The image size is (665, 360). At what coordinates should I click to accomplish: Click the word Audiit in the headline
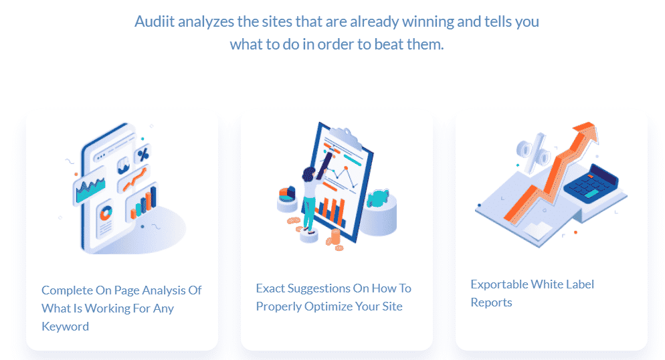click(x=155, y=21)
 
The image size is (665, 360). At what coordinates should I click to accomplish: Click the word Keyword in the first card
click(x=66, y=327)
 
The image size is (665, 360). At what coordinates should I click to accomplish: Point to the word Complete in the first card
click(x=67, y=290)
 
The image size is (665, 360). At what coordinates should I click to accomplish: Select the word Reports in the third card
click(x=492, y=302)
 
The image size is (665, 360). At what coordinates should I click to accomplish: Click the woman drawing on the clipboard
click(x=311, y=195)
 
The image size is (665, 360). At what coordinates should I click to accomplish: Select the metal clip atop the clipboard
click(x=347, y=136)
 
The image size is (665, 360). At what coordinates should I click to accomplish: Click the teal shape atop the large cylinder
click(x=377, y=199)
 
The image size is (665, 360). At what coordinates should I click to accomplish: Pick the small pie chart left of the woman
click(x=287, y=194)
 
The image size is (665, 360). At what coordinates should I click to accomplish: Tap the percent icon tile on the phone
click(x=143, y=154)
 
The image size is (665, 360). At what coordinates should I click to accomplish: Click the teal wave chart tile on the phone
click(x=90, y=189)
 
